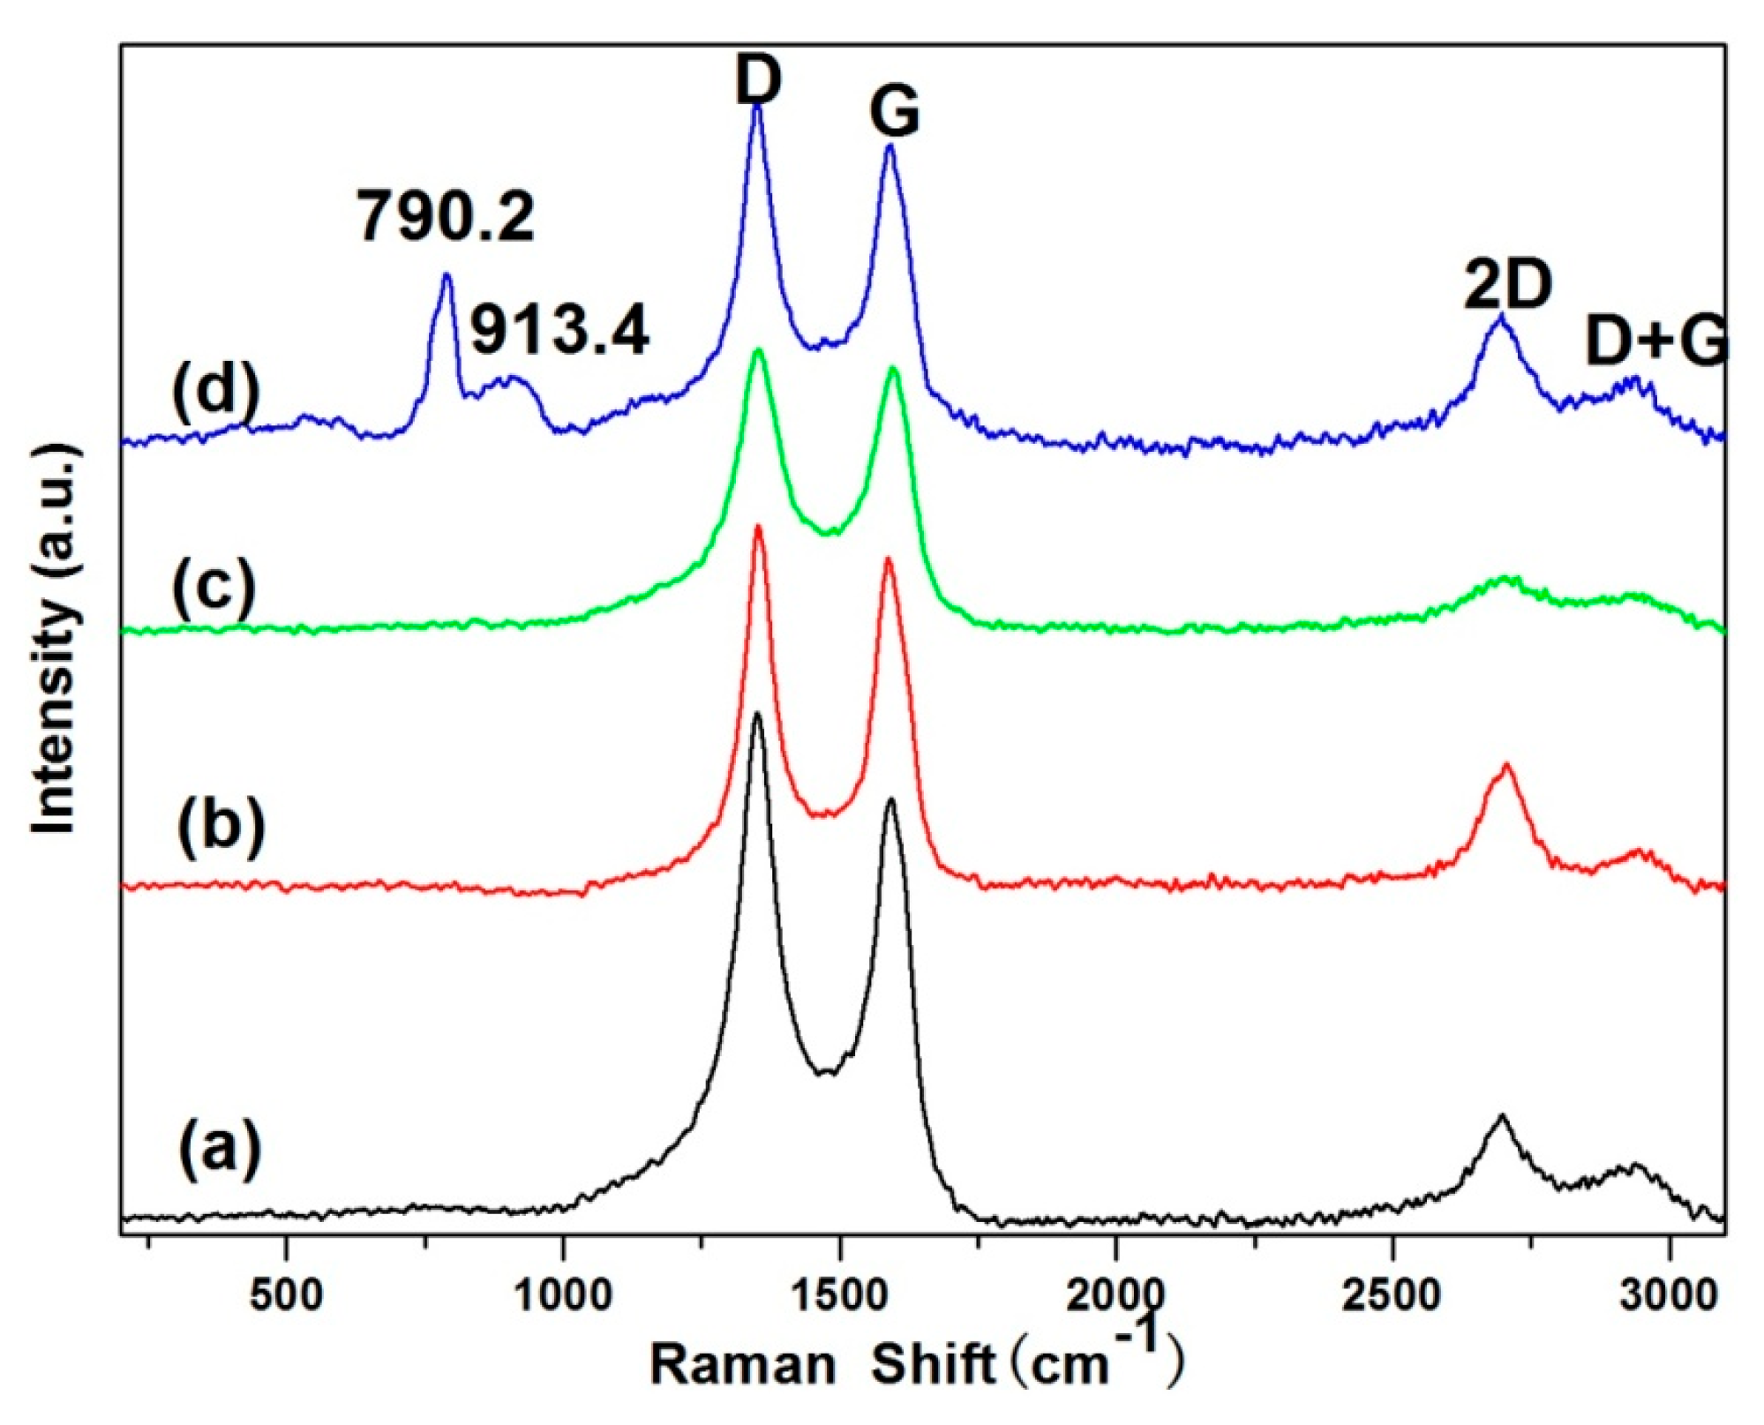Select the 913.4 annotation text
(559, 331)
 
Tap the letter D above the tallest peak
(758, 79)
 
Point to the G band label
(894, 113)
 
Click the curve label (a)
(220, 1147)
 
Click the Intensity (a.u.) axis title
(55, 640)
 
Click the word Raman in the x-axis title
(743, 1365)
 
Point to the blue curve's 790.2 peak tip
(447, 275)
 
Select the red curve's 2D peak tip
(1506, 765)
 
